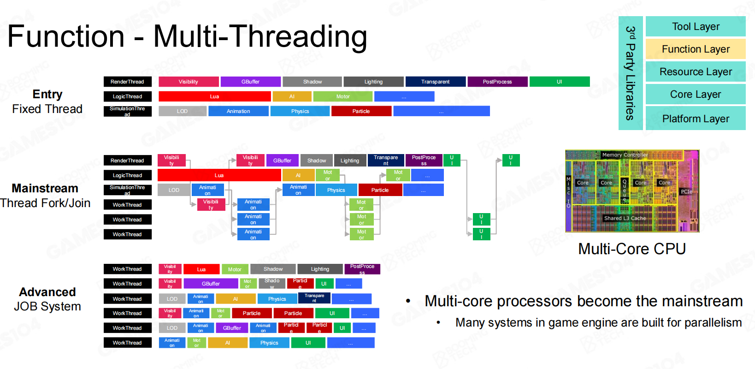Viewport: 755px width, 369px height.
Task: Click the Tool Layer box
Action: tap(695, 27)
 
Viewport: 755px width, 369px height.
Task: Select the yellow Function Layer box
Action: tap(695, 49)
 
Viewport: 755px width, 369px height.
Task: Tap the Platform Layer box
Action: tap(695, 119)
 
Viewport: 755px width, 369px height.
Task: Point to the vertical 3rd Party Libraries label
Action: tap(630, 73)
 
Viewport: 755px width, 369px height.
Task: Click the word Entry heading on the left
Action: tap(47, 95)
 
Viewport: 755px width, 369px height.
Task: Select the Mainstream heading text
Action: tap(45, 189)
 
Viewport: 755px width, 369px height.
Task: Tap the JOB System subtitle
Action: tap(47, 307)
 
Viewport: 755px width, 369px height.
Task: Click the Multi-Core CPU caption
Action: tap(632, 249)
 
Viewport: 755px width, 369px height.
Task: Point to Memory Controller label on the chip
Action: tap(625, 155)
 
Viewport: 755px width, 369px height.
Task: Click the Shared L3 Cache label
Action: tap(625, 218)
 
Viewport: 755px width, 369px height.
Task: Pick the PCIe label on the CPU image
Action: tap(686, 191)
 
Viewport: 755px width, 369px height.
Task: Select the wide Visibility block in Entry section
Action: tap(189, 82)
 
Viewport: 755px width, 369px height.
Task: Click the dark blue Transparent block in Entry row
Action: tap(435, 82)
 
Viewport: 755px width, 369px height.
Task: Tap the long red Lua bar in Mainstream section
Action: tap(219, 175)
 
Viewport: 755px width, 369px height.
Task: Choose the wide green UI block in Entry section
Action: tap(559, 82)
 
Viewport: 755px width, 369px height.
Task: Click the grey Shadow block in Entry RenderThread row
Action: tap(312, 82)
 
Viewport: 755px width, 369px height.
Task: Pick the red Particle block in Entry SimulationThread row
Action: tap(361, 111)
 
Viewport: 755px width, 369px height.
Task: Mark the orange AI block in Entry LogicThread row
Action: tap(292, 97)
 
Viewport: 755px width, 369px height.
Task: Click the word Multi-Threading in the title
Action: tap(260, 37)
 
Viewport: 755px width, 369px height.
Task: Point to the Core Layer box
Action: tap(695, 95)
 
